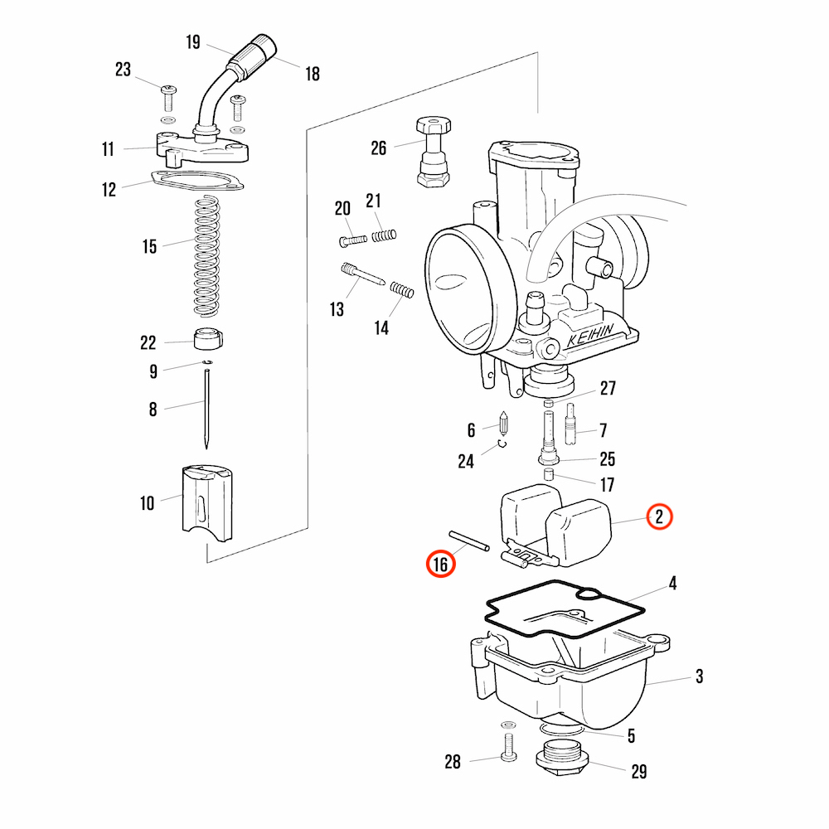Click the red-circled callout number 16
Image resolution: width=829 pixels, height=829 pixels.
tap(440, 564)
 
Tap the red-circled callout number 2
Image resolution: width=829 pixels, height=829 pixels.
tap(659, 516)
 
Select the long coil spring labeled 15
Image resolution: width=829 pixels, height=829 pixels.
tap(206, 256)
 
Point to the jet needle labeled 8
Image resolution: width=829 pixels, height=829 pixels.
tap(206, 410)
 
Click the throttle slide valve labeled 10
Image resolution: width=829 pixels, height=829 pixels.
tap(207, 503)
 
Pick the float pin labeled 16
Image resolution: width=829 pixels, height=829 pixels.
tap(469, 541)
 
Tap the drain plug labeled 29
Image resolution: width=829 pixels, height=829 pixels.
tap(562, 757)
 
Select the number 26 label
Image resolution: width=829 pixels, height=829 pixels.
tap(379, 148)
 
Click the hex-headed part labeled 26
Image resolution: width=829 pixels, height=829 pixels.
tap(434, 152)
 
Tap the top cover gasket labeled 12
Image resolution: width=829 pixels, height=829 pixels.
tap(196, 180)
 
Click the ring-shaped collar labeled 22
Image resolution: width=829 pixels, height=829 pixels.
tap(208, 339)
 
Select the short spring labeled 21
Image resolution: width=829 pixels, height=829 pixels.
tap(384, 235)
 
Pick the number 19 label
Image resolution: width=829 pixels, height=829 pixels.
tap(193, 42)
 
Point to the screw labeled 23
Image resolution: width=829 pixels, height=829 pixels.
tap(168, 99)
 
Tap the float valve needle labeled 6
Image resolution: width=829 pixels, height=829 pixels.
tap(503, 424)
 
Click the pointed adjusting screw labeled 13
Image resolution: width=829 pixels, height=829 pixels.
tap(363, 274)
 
